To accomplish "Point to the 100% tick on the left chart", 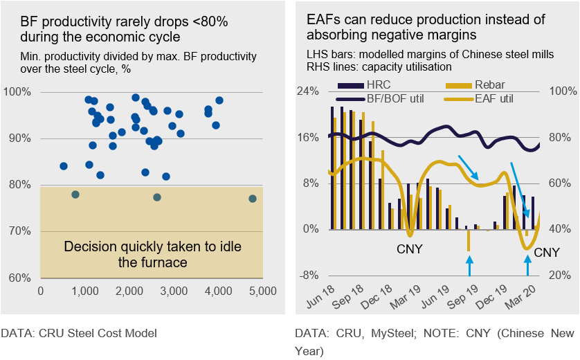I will (18, 92).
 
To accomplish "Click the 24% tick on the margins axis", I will (309, 91).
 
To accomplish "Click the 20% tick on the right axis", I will (563, 276).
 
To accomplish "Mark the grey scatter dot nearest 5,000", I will (252, 199).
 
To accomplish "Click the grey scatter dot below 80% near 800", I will (75, 195).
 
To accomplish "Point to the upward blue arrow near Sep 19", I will (469, 265).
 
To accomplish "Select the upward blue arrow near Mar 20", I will (528, 265).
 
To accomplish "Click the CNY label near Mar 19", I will (410, 248).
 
